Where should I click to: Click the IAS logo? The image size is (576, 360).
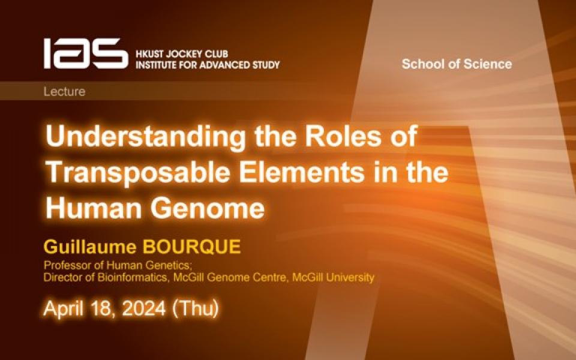(85, 53)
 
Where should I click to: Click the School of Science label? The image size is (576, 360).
(457, 64)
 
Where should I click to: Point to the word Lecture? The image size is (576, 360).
(64, 92)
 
